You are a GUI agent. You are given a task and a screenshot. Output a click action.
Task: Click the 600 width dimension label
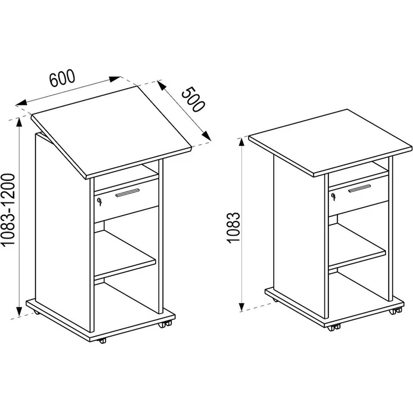[62, 78]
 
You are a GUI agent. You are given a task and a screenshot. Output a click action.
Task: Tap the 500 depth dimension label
[193, 99]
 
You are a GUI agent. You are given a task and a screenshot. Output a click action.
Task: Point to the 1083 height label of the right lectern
[233, 227]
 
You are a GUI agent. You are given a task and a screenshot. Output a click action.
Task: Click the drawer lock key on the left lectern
[99, 202]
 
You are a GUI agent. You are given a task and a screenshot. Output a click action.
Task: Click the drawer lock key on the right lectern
[334, 196]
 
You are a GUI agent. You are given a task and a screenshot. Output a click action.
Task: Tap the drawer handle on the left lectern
[127, 192]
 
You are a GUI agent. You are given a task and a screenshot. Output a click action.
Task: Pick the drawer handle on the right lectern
[360, 189]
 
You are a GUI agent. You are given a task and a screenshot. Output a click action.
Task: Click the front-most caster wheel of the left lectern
[102, 341]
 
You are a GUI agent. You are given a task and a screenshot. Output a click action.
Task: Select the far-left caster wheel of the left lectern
[36, 313]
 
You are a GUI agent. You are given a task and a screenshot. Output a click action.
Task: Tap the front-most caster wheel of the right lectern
[334, 328]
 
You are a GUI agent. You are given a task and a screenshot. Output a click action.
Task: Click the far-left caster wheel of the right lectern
[276, 300]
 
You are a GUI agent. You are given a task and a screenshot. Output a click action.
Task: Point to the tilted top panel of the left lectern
[112, 132]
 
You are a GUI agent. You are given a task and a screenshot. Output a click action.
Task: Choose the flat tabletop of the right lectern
[331, 142]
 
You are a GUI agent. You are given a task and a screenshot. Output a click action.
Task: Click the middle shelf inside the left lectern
[124, 254]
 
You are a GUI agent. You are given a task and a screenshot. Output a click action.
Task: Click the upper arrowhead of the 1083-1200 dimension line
[19, 122]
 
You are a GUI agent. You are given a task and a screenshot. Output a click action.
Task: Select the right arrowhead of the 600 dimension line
[115, 79]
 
